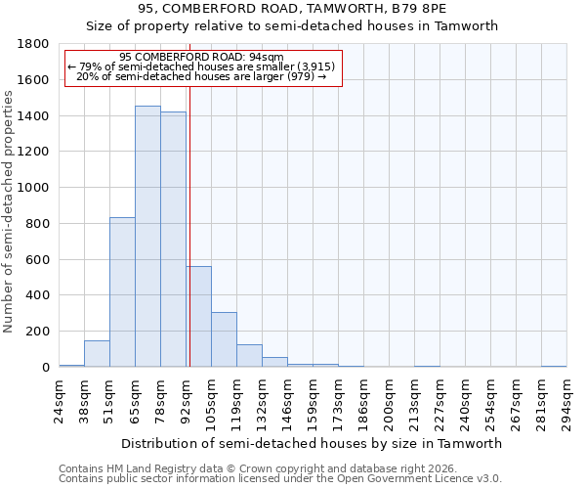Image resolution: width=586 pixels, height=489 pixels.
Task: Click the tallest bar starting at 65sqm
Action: tap(147, 237)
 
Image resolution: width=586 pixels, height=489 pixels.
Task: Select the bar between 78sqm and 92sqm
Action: tap(173, 240)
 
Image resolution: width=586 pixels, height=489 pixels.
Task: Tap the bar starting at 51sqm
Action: tap(122, 292)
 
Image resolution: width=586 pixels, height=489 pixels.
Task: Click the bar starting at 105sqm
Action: tap(224, 339)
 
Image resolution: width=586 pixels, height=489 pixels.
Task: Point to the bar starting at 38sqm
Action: tap(97, 354)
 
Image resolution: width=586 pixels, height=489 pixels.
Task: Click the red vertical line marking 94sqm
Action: tap(189, 225)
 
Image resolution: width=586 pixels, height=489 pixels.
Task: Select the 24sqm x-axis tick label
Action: tap(60, 401)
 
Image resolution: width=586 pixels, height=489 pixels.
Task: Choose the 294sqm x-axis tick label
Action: tap(567, 401)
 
